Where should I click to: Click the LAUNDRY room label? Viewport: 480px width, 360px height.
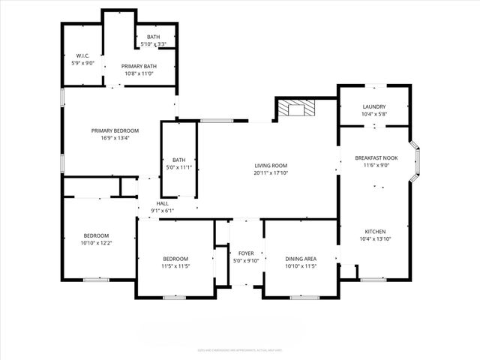pos(373,106)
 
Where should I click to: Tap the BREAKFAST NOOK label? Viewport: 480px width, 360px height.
pos(376,158)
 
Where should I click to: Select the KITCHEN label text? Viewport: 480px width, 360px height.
pos(376,231)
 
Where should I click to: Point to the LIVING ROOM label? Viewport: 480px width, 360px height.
pos(271,166)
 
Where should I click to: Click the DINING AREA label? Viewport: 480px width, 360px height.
pos(301,258)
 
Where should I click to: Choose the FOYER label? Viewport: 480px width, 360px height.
pos(246,253)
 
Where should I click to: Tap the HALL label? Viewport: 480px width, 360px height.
pos(162,203)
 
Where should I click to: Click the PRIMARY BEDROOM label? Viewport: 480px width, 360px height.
pos(115,130)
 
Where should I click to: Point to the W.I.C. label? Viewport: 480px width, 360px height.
pos(82,55)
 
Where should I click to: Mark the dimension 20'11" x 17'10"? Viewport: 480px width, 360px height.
pos(271,173)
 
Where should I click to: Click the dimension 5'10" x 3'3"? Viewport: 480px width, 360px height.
pos(153,45)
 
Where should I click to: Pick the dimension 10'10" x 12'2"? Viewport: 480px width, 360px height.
pos(96,243)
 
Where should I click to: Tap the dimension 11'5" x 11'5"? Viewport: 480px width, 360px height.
pos(175,266)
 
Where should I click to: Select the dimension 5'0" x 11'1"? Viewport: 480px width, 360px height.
pos(178,167)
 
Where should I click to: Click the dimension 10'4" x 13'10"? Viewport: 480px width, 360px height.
pos(376,238)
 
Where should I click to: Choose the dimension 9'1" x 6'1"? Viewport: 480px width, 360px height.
pos(162,211)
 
